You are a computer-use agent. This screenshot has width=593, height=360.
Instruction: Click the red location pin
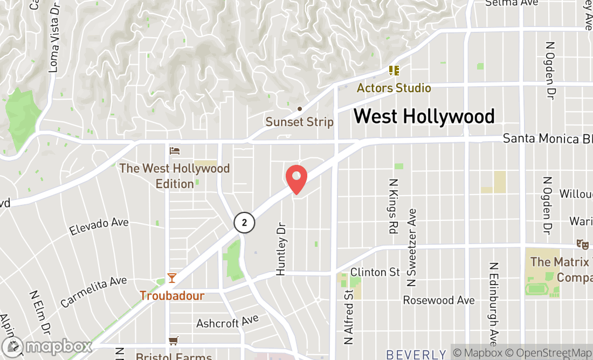[296, 179]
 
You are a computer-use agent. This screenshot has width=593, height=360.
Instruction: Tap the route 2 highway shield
[244, 222]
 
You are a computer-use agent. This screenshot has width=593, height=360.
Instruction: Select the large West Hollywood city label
[424, 116]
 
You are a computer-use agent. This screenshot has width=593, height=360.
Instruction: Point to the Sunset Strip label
[300, 122]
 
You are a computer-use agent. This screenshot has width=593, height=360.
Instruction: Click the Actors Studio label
[394, 88]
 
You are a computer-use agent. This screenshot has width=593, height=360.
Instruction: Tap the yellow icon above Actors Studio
[394, 71]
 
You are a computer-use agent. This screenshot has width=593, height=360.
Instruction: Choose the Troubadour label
[172, 296]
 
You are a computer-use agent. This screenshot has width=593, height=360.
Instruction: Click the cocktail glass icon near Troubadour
[171, 278]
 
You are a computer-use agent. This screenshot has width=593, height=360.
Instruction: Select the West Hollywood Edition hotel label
[175, 176]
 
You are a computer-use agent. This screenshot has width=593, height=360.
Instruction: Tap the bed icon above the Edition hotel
[174, 150]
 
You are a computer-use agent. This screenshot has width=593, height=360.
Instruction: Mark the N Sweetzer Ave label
[412, 247]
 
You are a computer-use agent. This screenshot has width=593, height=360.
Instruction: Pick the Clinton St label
[375, 272]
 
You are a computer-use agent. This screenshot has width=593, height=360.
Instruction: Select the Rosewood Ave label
[439, 300]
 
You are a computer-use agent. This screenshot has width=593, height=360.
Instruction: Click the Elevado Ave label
[99, 226]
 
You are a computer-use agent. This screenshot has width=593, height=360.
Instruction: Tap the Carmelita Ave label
[94, 292]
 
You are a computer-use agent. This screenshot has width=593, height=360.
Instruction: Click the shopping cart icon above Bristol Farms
[174, 341]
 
